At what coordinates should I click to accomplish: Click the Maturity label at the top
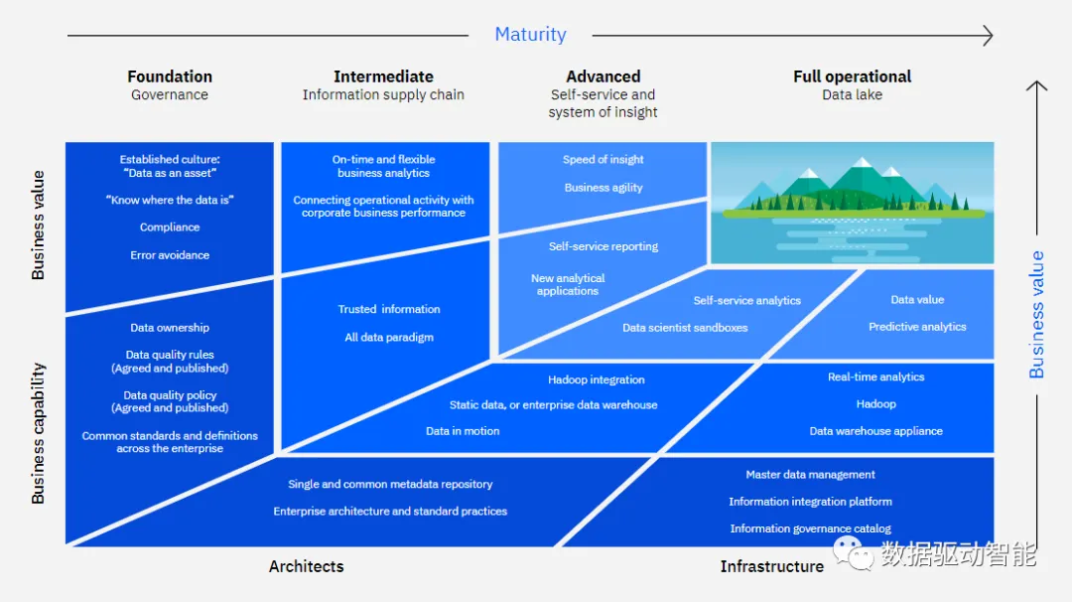(530, 35)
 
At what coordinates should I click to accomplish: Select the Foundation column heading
(170, 76)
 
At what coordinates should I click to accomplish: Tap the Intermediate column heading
(383, 76)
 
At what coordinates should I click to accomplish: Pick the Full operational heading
(852, 76)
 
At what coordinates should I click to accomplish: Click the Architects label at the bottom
(306, 566)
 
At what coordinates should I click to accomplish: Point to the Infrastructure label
(771, 566)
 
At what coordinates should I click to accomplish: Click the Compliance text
(170, 227)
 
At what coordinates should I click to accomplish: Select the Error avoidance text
(170, 255)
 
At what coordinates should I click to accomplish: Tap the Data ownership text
(170, 328)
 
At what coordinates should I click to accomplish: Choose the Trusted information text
(388, 309)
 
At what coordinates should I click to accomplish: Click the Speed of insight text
(603, 160)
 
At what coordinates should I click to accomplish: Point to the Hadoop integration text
(596, 379)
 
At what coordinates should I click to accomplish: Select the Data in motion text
(463, 431)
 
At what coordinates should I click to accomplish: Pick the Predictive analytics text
(917, 327)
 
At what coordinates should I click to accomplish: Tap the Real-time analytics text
(875, 377)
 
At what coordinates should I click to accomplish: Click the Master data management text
(810, 475)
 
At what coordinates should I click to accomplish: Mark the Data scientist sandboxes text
(685, 328)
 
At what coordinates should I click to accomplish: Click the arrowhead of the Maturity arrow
(988, 36)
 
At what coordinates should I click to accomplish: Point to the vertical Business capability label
(39, 433)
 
